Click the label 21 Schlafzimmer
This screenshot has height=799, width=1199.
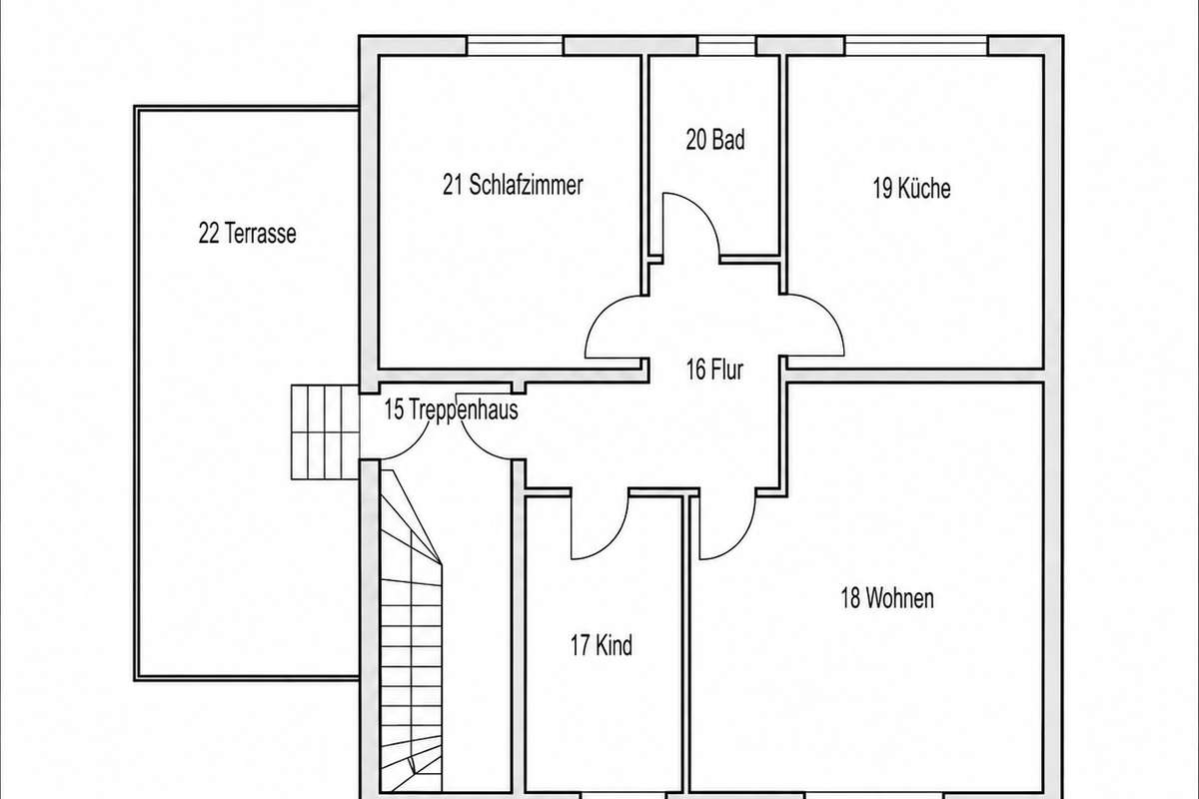(513, 185)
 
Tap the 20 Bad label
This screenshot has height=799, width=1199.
(715, 140)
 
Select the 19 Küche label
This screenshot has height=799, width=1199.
(911, 189)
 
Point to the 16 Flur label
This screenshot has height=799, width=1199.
(714, 370)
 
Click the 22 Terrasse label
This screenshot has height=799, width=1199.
(248, 234)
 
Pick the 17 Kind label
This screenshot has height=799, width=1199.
(601, 645)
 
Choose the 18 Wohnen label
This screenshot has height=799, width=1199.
(887, 598)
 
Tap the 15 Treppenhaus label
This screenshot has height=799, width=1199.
(451, 409)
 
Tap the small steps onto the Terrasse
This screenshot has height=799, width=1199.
(325, 431)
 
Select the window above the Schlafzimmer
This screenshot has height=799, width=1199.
(515, 46)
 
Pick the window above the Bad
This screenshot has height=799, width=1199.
(726, 46)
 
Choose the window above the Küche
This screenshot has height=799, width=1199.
(916, 46)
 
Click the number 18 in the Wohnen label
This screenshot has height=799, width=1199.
(850, 598)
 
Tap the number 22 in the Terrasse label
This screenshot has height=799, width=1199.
(209, 234)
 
